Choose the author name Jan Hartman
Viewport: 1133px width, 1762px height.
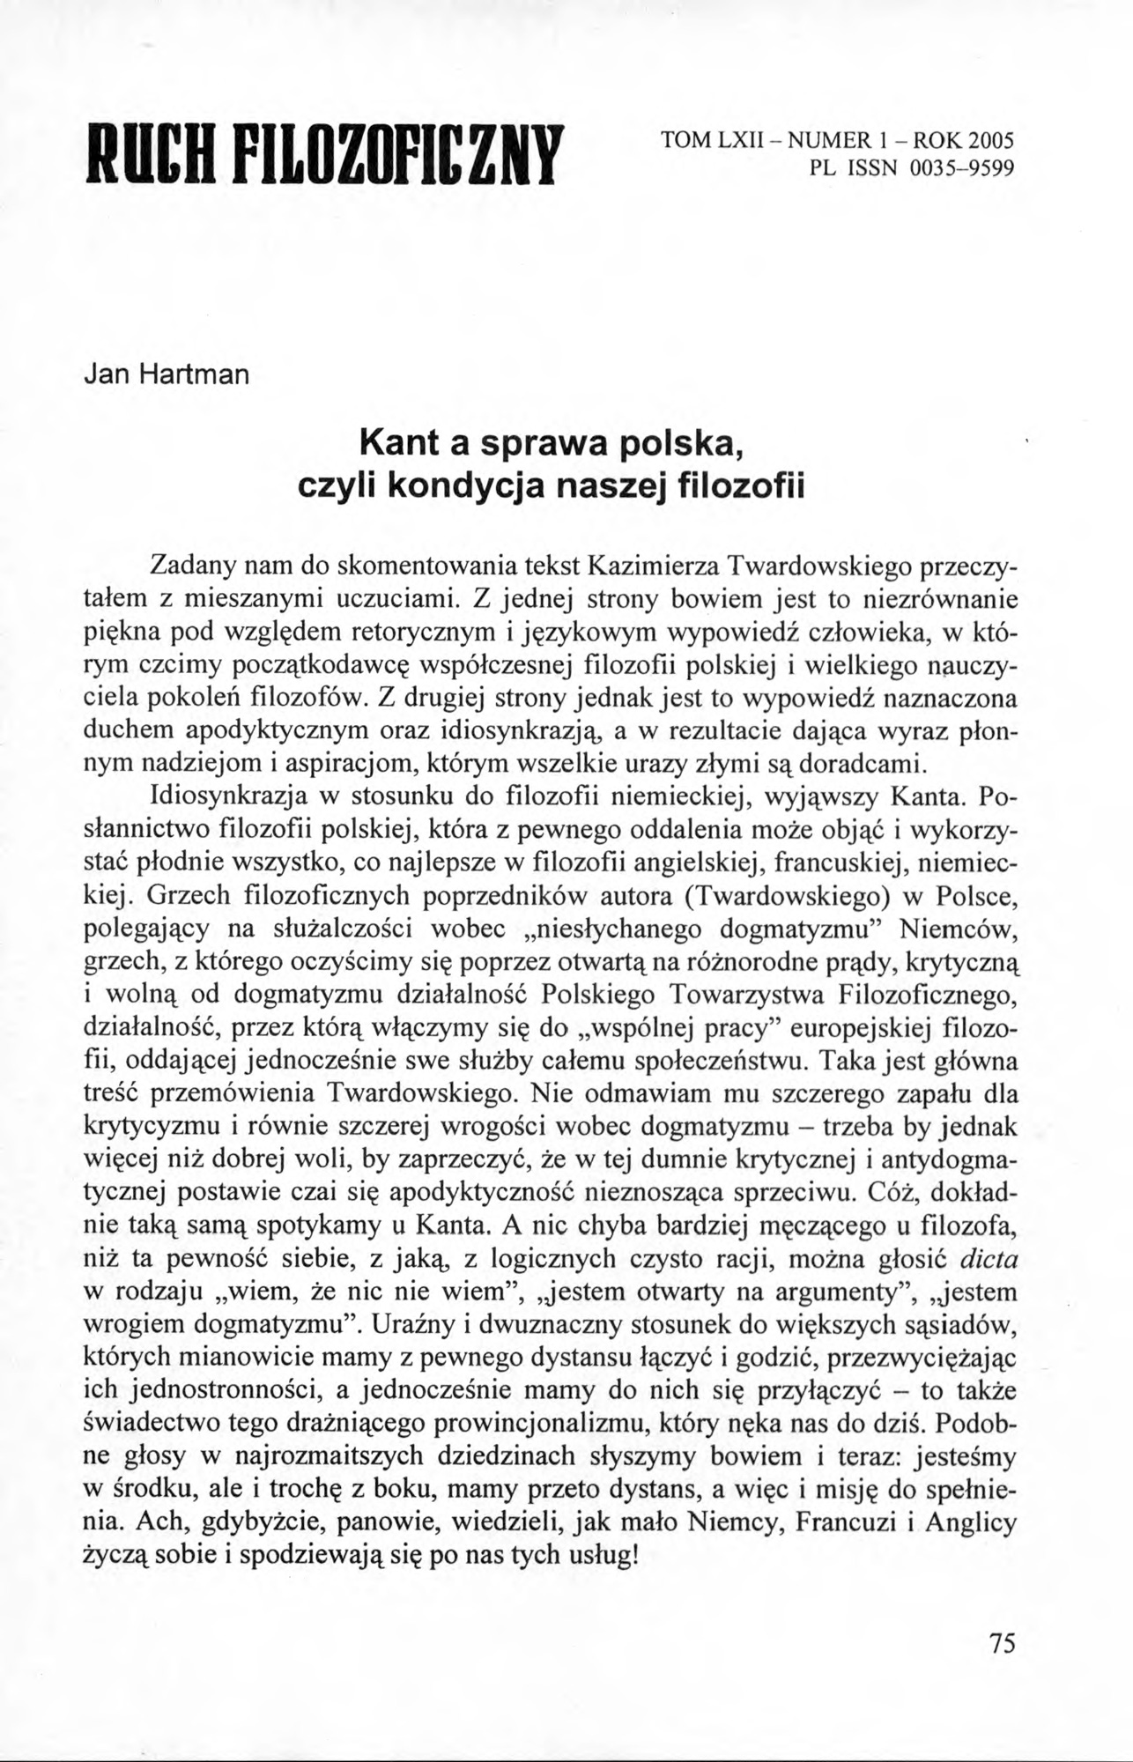(x=167, y=375)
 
